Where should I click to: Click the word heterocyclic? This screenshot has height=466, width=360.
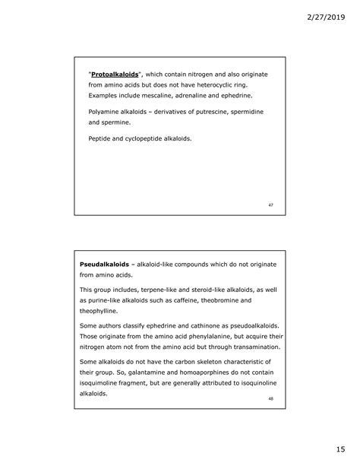(226, 86)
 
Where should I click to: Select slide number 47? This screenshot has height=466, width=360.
(271, 205)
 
